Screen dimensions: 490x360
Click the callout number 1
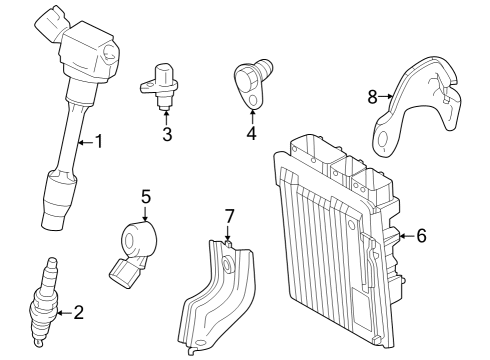coord(99,141)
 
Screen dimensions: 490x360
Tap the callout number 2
coord(79,313)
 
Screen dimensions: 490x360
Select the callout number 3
coord(167,134)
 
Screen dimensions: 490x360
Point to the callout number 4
coord(252,133)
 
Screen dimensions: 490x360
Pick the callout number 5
coord(146,197)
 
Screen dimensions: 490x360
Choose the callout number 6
coord(422,236)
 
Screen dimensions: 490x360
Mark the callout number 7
coord(229,216)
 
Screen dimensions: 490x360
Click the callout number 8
coord(372,97)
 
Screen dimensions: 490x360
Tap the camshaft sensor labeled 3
coord(158,85)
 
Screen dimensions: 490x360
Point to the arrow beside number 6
coord(407,236)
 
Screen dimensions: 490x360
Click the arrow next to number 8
coord(386,96)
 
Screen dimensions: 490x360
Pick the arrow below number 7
coord(228,233)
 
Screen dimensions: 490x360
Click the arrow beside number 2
coord(64,313)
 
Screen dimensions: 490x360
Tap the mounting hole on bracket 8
coord(384,140)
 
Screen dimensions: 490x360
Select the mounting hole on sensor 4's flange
coord(253,100)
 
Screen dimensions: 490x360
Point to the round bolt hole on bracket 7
coord(228,263)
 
